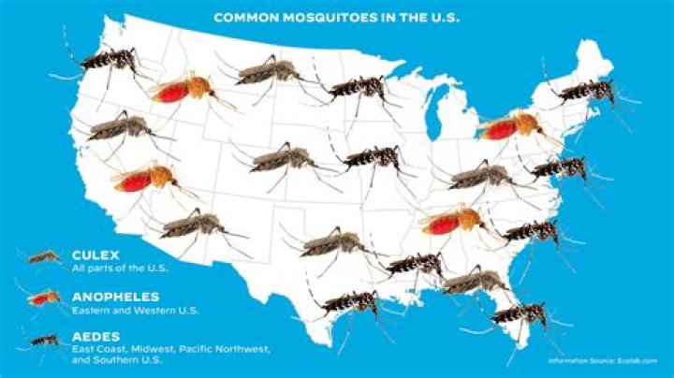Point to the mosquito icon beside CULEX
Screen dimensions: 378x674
tap(43, 255)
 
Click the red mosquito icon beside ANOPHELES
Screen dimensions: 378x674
tap(43, 298)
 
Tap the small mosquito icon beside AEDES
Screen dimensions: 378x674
tap(43, 339)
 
